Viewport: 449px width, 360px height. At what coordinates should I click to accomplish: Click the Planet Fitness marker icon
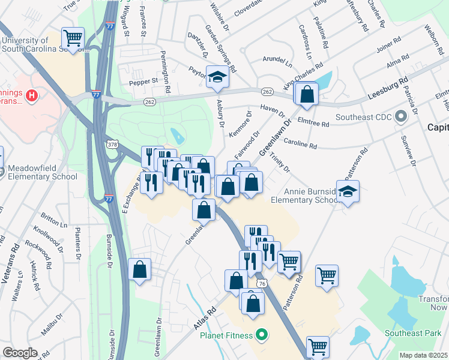(261, 335)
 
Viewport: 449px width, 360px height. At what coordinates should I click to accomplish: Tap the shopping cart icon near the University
(73, 39)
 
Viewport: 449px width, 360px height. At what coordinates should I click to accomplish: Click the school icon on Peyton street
(217, 77)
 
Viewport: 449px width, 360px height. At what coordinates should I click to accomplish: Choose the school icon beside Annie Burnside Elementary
(348, 192)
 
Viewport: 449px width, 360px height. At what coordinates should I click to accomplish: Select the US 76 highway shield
(261, 282)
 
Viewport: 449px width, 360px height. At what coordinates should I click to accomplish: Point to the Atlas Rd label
(205, 319)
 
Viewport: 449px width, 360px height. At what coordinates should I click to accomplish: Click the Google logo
(20, 353)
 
